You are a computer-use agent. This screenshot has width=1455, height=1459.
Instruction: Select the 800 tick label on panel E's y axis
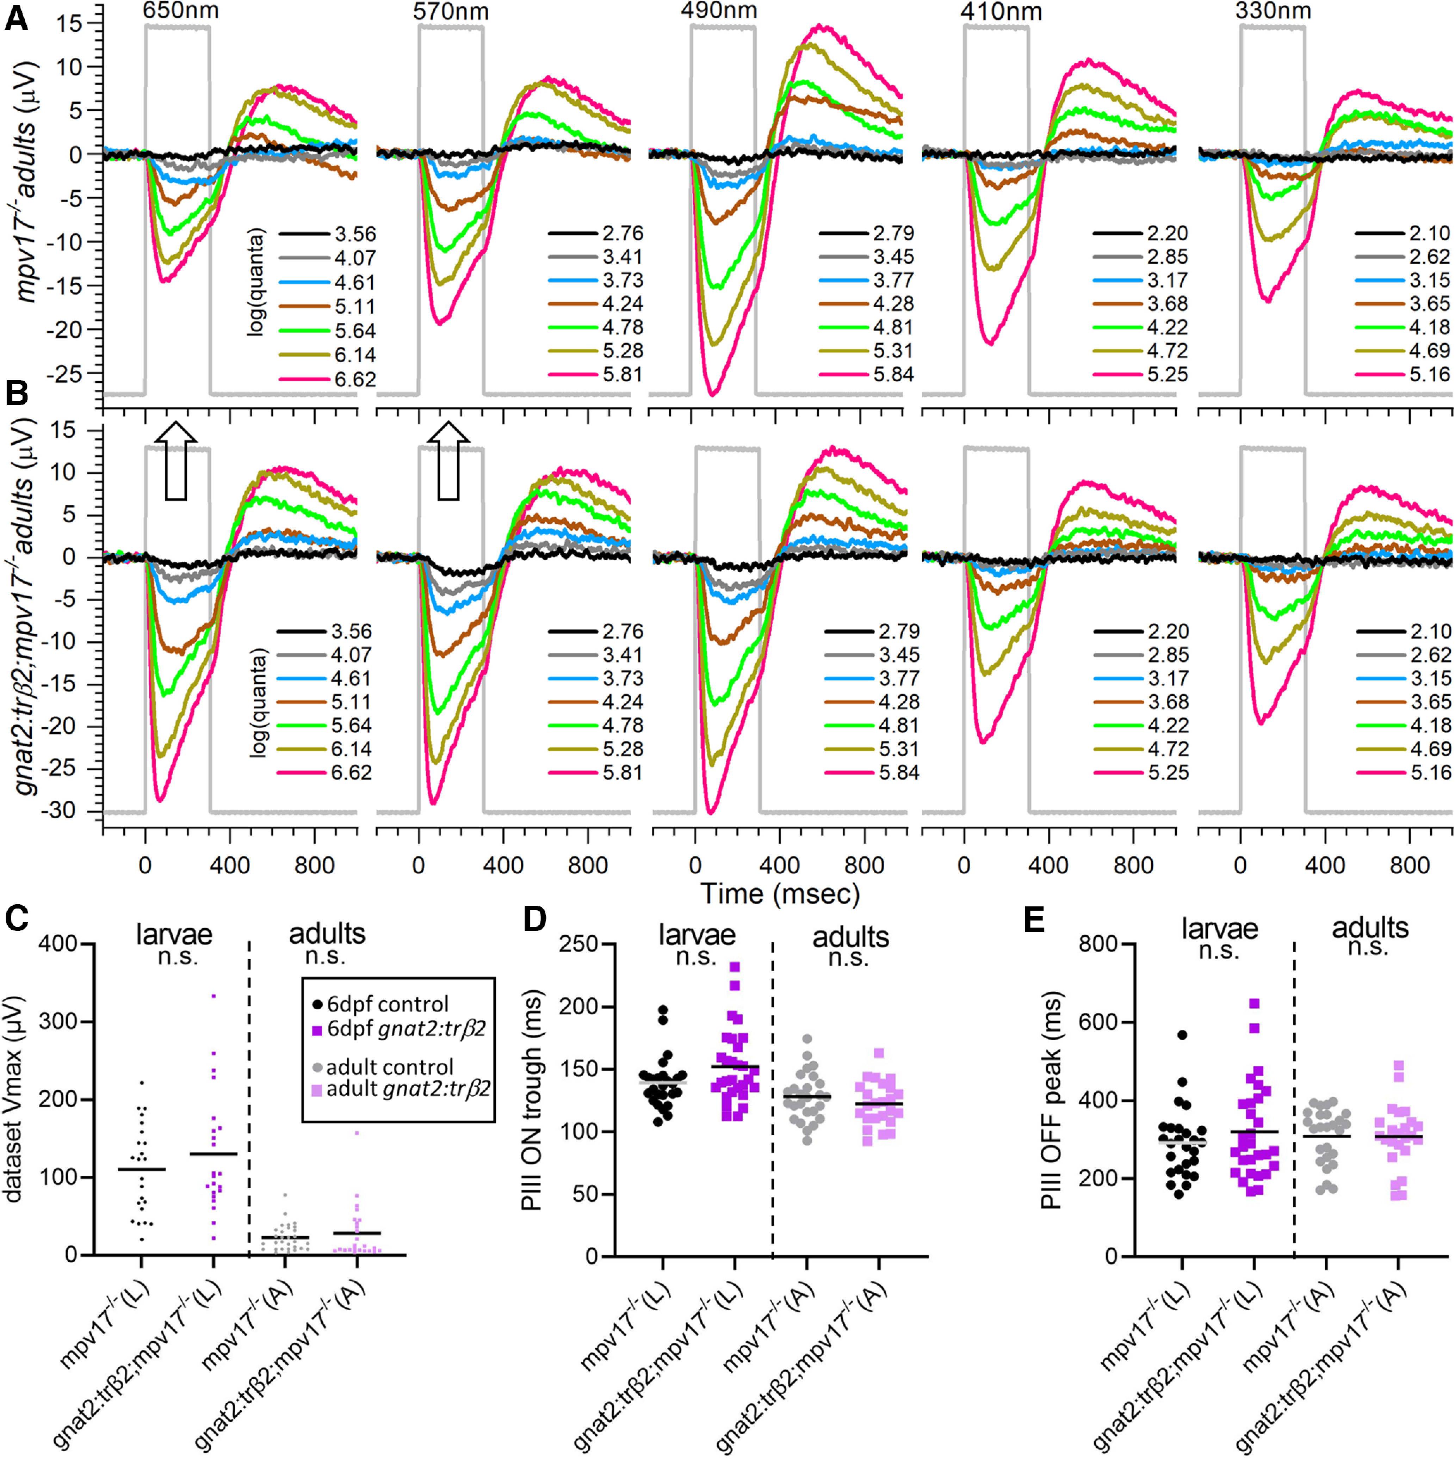pyautogui.click(x=1098, y=944)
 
